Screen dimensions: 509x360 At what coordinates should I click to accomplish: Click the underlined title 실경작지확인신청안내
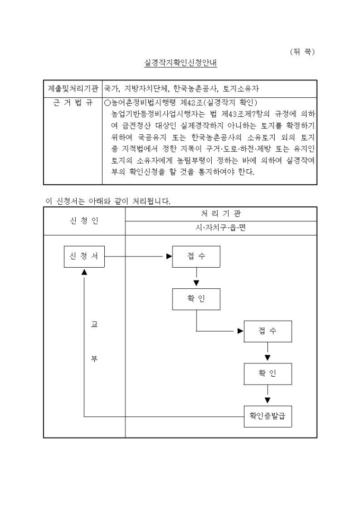point(181,62)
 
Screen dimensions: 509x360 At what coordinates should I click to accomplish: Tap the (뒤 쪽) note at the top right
point(302,51)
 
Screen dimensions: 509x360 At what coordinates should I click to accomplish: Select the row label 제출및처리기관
point(73,89)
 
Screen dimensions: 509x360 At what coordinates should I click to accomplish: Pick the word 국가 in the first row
point(111,89)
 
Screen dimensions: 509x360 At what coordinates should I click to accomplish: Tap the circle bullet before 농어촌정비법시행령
point(107,103)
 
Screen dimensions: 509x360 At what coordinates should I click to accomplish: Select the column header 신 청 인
point(84,221)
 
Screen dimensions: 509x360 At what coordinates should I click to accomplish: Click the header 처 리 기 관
point(221,213)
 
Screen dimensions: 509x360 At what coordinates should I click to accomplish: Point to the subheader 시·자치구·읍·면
point(221,228)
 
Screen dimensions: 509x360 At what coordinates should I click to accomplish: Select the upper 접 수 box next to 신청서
point(196,256)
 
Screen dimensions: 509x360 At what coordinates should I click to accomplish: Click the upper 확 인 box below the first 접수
point(196,299)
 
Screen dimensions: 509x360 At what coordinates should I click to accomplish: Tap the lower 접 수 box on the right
point(267,331)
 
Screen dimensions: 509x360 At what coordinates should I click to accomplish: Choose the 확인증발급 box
point(267,416)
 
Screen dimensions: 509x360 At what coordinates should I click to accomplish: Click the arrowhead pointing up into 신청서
point(84,271)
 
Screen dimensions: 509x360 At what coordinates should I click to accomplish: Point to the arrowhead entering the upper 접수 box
point(169,257)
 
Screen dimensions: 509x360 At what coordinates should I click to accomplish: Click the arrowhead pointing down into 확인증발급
point(267,401)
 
